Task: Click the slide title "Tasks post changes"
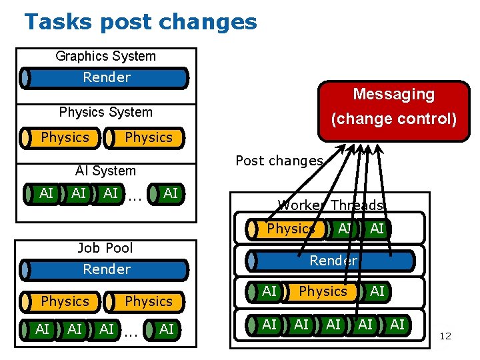pyautogui.click(x=140, y=21)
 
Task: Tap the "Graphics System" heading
pyautogui.click(x=105, y=56)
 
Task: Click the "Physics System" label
pyautogui.click(x=105, y=112)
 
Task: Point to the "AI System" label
pyautogui.click(x=105, y=171)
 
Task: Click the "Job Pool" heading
pyautogui.click(x=105, y=248)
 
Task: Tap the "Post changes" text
pyautogui.click(x=279, y=161)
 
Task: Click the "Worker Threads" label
pyautogui.click(x=331, y=205)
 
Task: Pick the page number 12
pyautogui.click(x=445, y=336)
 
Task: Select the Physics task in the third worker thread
pyautogui.click(x=323, y=291)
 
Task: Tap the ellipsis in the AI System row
pyautogui.click(x=135, y=195)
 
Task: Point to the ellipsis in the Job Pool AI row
pyautogui.click(x=131, y=331)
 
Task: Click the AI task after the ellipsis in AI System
pyautogui.click(x=169, y=193)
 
